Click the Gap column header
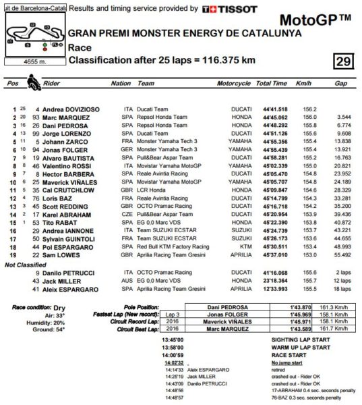[x=341, y=84]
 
